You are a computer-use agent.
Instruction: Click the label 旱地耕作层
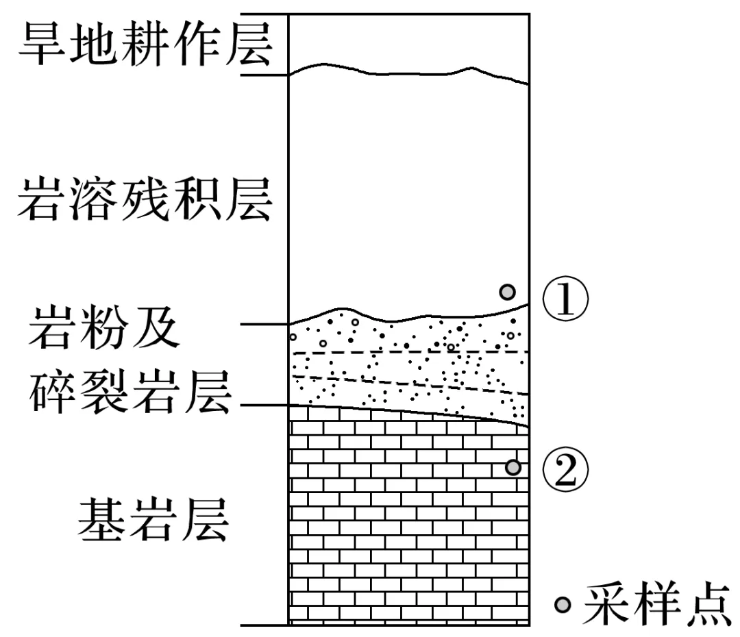(x=145, y=45)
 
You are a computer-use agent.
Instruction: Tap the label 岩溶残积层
(x=145, y=199)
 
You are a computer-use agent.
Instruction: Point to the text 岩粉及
(x=104, y=327)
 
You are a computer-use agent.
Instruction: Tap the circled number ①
(x=566, y=301)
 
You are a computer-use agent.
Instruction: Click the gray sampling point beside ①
(x=507, y=292)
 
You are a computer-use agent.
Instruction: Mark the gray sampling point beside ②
(x=513, y=467)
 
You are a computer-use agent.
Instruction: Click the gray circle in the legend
(x=563, y=604)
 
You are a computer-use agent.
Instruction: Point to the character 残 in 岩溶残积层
(x=145, y=199)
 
